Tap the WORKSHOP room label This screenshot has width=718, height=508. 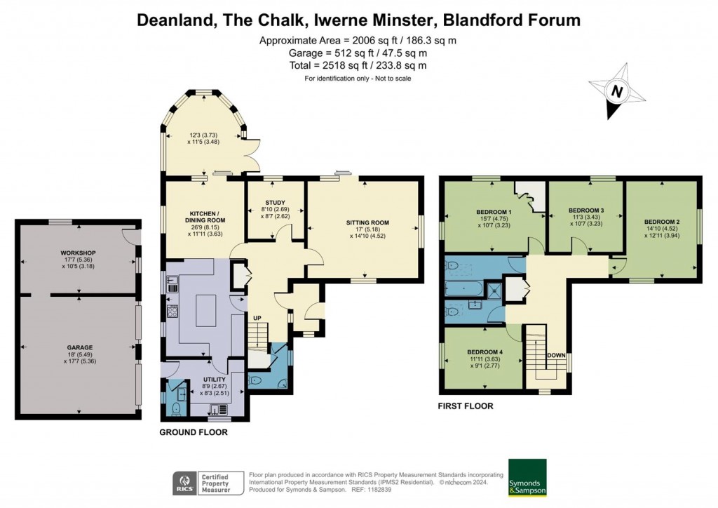tap(77, 253)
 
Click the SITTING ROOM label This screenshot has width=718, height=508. tap(367, 223)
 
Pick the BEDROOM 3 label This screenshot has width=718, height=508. tap(585, 210)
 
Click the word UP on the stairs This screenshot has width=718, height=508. tap(257, 318)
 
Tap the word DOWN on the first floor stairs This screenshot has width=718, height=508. tap(556, 355)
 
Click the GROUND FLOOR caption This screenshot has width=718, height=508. tap(194, 432)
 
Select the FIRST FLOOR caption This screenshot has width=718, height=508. tap(466, 406)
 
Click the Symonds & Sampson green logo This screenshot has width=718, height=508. tap(527, 478)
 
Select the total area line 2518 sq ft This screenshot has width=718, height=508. tap(358, 65)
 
